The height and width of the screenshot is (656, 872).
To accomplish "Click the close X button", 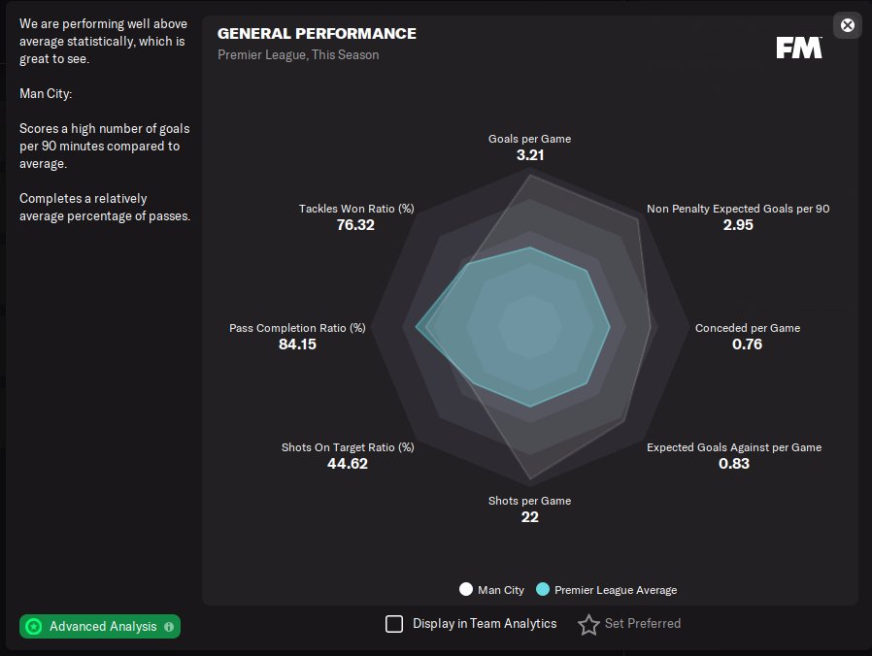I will tap(848, 25).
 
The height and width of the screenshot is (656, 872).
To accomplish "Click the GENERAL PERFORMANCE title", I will tap(317, 34).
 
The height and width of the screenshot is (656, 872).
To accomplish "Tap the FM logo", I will tap(799, 48).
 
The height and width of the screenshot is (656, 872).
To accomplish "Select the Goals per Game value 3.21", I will tap(529, 155).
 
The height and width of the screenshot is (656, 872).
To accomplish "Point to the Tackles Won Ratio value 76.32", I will tap(355, 225).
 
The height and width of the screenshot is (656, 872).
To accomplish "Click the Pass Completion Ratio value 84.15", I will tap(297, 344).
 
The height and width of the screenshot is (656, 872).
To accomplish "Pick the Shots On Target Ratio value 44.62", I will tap(348, 464).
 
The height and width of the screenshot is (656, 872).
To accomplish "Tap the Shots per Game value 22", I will tap(529, 517).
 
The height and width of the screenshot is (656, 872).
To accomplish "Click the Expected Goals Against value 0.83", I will tap(734, 464).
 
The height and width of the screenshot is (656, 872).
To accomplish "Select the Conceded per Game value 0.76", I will tap(747, 344).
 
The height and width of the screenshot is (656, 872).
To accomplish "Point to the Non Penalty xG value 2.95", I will tap(738, 225).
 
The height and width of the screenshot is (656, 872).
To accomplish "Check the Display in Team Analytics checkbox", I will tap(394, 624).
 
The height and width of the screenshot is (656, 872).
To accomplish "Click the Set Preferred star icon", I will tap(588, 624).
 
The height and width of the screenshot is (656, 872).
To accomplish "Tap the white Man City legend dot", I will tap(466, 590).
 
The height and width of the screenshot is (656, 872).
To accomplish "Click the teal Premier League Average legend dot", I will tap(543, 590).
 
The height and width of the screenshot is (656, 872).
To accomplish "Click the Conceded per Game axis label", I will tap(748, 328).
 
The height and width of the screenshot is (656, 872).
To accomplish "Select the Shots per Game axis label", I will tap(529, 501).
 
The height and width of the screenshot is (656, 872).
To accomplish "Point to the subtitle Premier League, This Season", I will tap(298, 55).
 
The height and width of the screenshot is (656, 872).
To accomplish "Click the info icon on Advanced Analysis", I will tap(169, 627).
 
